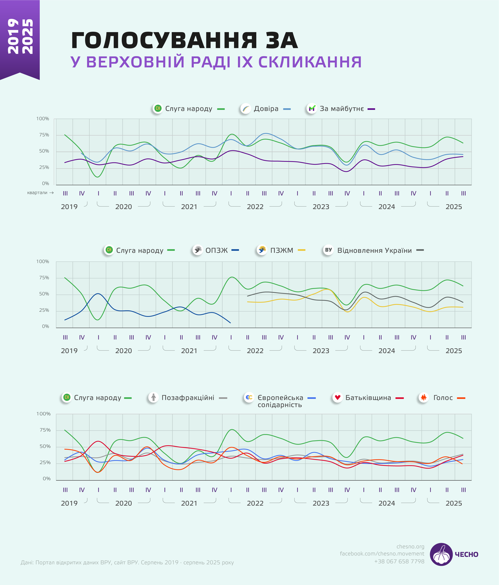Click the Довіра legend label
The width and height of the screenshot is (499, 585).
click(x=266, y=109)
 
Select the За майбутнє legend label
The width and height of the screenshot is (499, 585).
click(x=342, y=109)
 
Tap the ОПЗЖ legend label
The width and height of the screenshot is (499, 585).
click(x=217, y=250)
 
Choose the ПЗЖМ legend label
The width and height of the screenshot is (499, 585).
click(x=282, y=250)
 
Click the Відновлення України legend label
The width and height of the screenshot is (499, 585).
click(x=374, y=250)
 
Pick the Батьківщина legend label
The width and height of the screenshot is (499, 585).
click(x=368, y=398)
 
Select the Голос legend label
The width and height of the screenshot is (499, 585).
click(x=443, y=398)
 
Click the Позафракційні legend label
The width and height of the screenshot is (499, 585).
click(x=188, y=398)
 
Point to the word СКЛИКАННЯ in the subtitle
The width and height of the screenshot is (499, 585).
click(x=310, y=62)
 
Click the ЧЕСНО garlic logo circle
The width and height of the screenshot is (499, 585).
click(x=441, y=554)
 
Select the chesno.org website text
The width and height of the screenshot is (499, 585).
click(x=410, y=546)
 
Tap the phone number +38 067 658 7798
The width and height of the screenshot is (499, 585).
click(x=399, y=561)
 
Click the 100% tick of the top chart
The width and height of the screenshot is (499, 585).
click(x=43, y=119)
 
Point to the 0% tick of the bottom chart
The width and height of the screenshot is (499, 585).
click(x=46, y=479)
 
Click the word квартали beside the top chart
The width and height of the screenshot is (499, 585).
click(x=37, y=193)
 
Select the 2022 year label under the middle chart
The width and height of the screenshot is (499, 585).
click(x=255, y=351)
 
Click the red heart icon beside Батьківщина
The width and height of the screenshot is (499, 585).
click(x=338, y=398)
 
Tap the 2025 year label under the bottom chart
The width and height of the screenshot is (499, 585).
click(x=453, y=503)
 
